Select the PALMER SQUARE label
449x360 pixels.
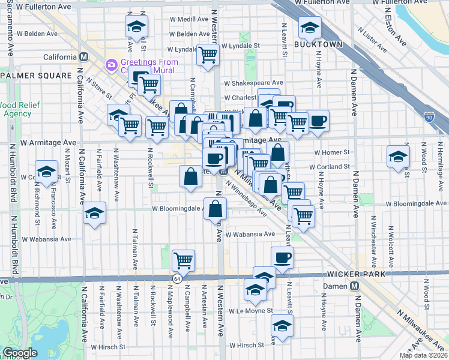28,76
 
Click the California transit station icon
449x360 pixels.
85,57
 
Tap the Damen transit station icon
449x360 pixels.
355,286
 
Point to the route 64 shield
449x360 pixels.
177,279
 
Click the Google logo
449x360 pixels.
20,353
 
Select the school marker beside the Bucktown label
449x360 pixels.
310,28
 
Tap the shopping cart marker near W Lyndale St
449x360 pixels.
208,55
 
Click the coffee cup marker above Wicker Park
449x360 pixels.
282,258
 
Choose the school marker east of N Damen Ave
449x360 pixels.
397,157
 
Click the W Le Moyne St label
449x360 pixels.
252,311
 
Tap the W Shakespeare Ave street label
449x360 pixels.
253,83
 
